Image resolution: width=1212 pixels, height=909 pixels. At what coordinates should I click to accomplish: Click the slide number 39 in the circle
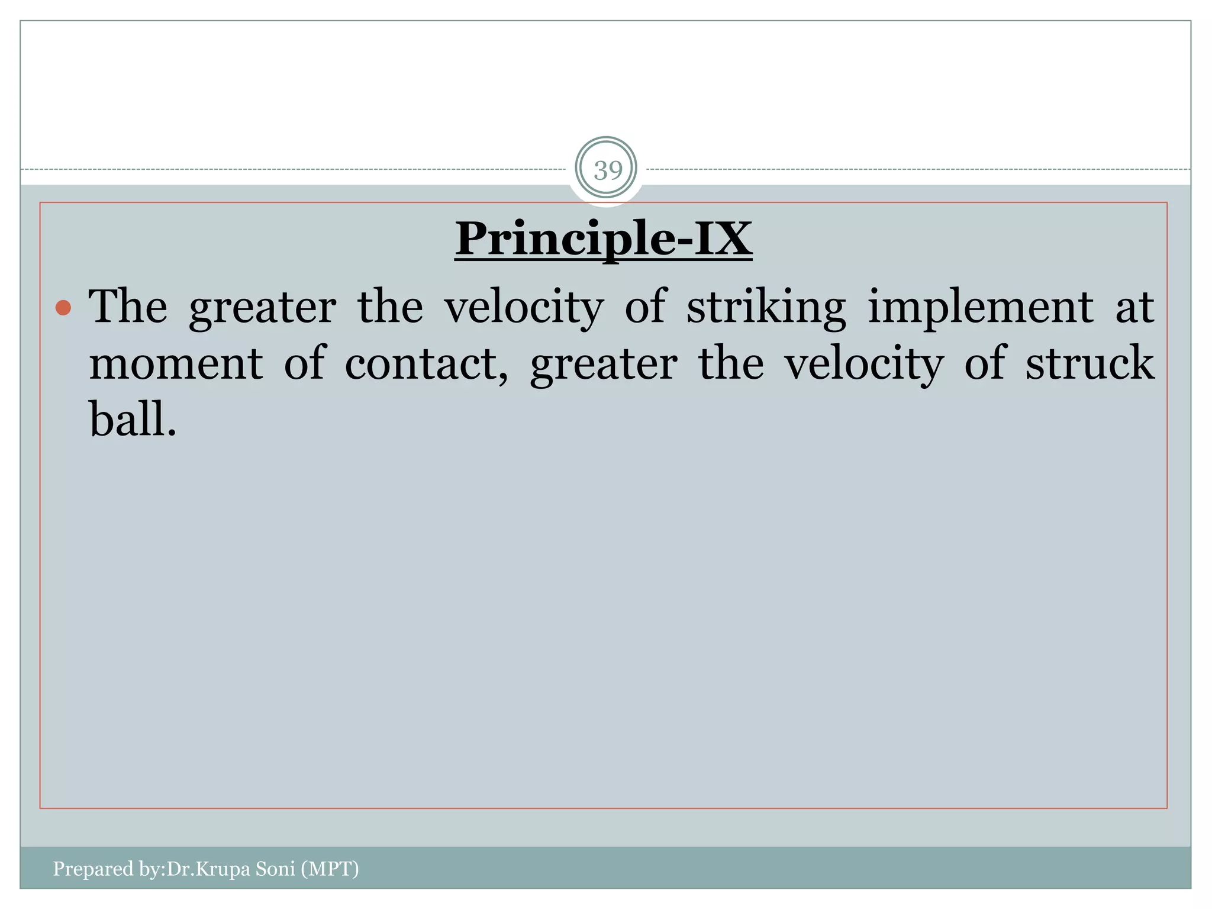click(608, 170)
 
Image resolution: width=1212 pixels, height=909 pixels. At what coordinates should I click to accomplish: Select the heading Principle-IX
click(604, 238)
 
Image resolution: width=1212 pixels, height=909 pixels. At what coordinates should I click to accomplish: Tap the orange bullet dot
click(63, 308)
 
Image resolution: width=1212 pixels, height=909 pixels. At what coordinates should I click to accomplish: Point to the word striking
click(766, 308)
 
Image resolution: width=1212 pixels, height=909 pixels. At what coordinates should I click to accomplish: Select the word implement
click(981, 308)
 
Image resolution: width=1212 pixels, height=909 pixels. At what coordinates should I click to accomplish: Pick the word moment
click(176, 363)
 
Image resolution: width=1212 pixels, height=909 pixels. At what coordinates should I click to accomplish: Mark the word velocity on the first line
click(524, 308)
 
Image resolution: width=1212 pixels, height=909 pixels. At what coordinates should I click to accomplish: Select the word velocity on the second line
click(864, 363)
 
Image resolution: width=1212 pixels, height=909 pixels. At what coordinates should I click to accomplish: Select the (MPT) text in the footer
click(330, 868)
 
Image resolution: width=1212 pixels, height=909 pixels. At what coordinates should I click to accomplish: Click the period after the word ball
click(172, 434)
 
